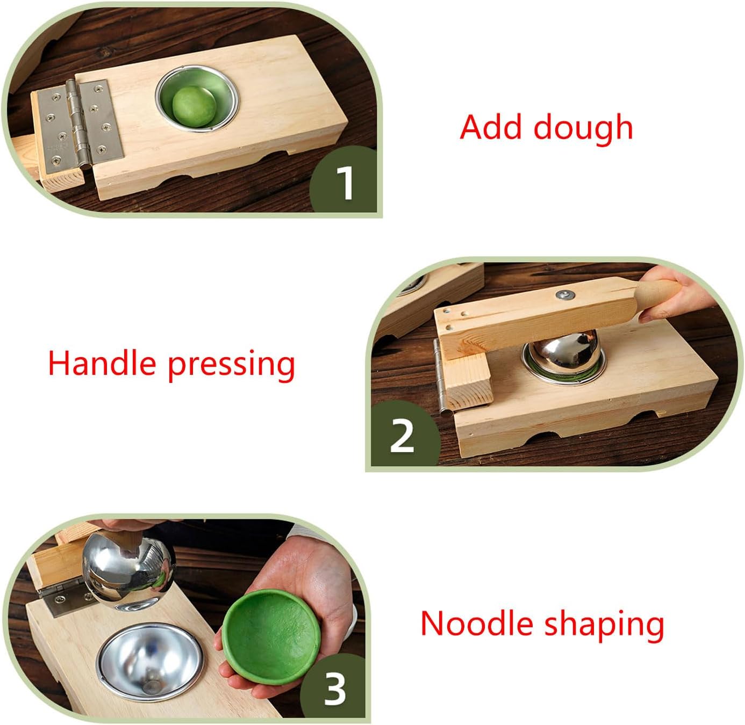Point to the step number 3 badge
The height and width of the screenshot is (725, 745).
pos(334,689)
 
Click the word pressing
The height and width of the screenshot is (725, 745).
pos(231,365)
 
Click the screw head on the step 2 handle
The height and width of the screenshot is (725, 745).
pos(564,294)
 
